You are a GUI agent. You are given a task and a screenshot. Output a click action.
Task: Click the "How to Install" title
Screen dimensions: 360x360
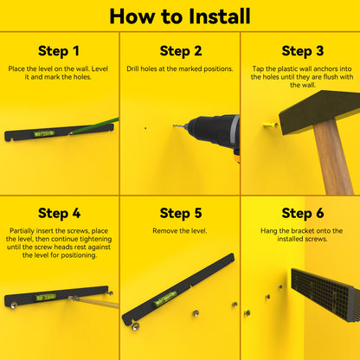180,16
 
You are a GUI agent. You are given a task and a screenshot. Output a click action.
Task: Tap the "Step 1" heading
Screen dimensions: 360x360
59,51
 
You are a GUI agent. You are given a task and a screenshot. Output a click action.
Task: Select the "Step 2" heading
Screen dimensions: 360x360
181,51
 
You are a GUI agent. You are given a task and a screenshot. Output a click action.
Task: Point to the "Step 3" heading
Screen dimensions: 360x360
303,51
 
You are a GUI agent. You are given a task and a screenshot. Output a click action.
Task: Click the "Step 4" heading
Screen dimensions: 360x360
59,213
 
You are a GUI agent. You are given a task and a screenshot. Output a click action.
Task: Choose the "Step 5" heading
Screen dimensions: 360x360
181,213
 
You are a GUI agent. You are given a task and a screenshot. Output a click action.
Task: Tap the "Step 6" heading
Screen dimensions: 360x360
303,213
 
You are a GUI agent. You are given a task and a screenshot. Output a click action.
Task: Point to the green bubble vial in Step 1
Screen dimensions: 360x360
44,133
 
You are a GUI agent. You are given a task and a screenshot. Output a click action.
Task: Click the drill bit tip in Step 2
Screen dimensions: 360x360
174,125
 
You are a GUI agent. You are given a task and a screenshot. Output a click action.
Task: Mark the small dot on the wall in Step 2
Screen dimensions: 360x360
145,128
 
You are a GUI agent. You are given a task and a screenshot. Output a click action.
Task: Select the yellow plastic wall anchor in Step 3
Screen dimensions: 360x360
271,125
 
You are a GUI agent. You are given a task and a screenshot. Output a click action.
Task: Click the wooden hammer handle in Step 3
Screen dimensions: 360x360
332,157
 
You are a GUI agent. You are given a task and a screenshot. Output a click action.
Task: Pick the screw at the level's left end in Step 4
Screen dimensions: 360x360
13,305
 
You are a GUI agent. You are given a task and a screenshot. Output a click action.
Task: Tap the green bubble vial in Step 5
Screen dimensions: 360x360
165,298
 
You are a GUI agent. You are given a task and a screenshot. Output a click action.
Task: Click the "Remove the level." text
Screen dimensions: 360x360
180,231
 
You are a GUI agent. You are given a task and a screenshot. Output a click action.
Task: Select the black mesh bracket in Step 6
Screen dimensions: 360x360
325,294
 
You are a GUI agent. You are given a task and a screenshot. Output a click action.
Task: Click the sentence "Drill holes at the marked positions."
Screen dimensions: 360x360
180,69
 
